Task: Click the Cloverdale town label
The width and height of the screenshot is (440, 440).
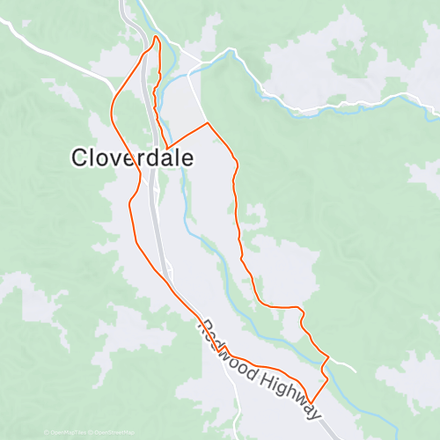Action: click(132, 157)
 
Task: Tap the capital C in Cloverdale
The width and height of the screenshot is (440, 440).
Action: click(80, 157)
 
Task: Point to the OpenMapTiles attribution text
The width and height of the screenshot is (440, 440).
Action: click(68, 432)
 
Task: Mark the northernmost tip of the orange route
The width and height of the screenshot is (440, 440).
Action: click(156, 36)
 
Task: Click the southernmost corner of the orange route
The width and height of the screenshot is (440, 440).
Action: click(312, 403)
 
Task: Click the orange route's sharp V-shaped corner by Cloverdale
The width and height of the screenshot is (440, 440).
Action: click(165, 146)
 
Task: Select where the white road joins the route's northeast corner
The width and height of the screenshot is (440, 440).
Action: click(207, 123)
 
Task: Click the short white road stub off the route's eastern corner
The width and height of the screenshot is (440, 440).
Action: click(343, 362)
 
